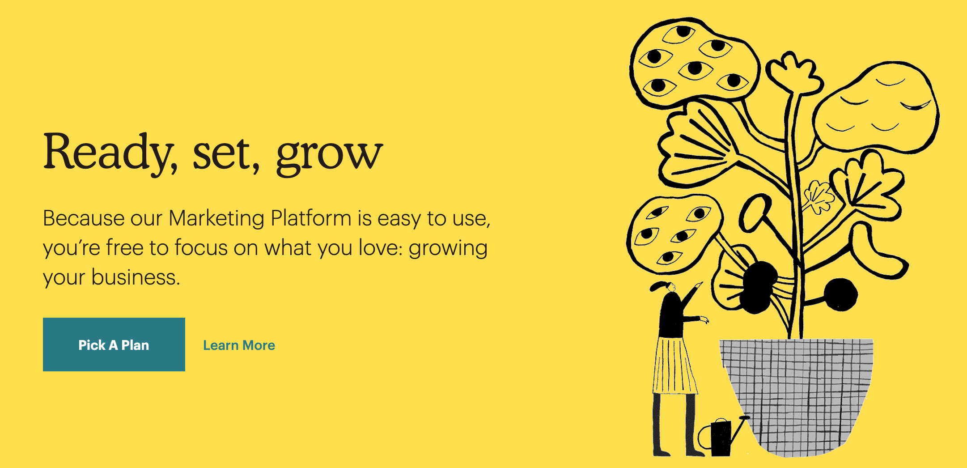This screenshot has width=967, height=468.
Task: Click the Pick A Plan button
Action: (114, 345)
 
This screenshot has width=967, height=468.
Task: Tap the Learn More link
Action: (239, 345)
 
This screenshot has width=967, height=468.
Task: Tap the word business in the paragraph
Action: (136, 277)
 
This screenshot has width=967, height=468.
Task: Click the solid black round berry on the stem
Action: (841, 294)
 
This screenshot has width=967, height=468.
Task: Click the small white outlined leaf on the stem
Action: (819, 197)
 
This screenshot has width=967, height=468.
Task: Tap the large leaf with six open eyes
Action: (693, 63)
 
